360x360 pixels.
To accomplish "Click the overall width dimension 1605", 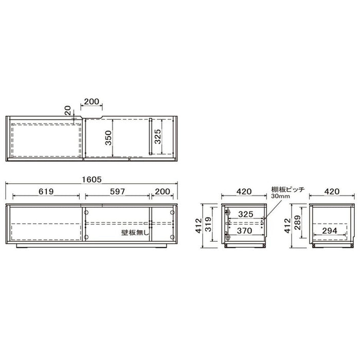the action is [92, 179].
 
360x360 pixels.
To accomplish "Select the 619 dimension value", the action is [46, 191].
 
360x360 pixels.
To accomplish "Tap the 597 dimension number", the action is [117, 191].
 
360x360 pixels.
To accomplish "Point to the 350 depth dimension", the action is [108, 138].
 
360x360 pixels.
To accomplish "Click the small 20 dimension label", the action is [68, 111].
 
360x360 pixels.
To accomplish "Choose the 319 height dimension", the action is [208, 224].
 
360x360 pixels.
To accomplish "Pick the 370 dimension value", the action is [244, 230].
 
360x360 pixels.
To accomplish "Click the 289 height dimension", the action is [297, 223].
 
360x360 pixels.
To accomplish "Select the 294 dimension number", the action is [330, 230].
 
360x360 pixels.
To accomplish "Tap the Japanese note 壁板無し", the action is [135, 233].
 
